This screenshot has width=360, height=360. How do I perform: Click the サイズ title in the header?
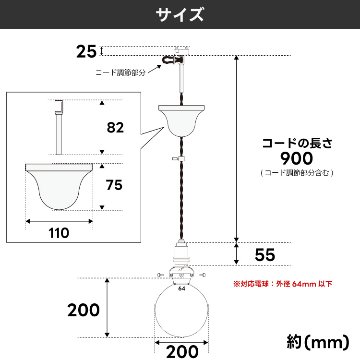[x=180, y=14]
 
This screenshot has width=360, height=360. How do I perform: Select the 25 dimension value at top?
[x=86, y=51]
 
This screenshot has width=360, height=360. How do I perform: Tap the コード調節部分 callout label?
[x=120, y=73]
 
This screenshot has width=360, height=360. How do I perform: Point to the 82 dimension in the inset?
[x=115, y=128]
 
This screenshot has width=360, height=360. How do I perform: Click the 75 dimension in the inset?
[x=114, y=185]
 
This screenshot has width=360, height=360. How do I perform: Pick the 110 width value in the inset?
[x=59, y=233]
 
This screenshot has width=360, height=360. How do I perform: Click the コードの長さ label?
[x=297, y=143]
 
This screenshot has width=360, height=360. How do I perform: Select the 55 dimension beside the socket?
[x=264, y=255]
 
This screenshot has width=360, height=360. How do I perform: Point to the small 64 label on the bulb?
[x=182, y=289]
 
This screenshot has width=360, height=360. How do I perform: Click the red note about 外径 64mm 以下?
[x=283, y=284]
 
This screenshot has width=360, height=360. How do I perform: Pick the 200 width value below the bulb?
[x=182, y=352]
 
